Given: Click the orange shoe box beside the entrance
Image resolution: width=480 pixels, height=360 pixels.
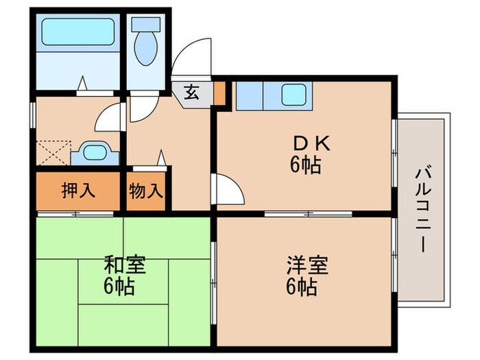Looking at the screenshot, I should (219, 93).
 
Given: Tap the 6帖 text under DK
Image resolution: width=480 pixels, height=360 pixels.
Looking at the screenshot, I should (303, 165).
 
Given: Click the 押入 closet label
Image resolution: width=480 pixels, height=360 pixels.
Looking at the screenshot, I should (76, 190).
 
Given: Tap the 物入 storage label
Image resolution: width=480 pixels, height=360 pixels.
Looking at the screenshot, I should (146, 190).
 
